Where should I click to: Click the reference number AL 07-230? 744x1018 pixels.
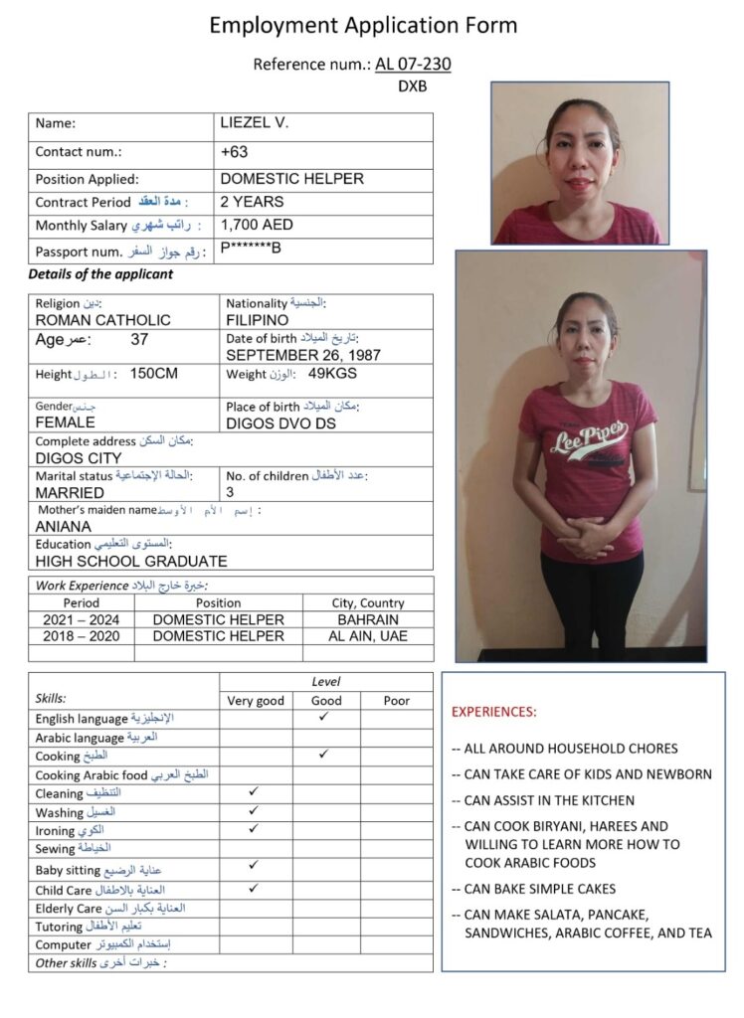[413, 65]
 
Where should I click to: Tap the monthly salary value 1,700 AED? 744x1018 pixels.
[257, 225]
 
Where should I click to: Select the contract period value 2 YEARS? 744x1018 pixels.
[252, 201]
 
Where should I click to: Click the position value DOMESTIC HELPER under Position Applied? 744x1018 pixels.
[291, 179]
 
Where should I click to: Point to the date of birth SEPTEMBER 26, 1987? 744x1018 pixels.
[303, 355]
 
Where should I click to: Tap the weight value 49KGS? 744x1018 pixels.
[332, 374]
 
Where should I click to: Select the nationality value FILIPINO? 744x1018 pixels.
[258, 320]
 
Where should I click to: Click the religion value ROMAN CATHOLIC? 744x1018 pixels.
[102, 320]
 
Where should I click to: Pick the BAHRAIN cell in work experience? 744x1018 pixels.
[368, 619]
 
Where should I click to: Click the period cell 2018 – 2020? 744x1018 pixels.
[81, 636]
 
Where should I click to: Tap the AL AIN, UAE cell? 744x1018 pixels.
[368, 636]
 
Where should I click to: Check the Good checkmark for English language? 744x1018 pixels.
[324, 717]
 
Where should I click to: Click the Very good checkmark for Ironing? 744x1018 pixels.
[255, 828]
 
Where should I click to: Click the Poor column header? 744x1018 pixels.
[396, 700]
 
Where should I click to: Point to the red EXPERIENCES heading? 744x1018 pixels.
[493, 712]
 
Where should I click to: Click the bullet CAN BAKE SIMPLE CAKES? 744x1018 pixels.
[539, 889]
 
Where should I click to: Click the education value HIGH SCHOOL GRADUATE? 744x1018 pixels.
[131, 561]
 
